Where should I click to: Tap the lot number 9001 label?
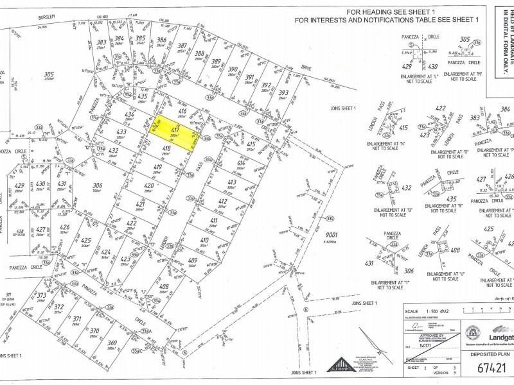(332, 235)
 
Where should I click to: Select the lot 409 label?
(192, 260)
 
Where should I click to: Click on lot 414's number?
(241, 164)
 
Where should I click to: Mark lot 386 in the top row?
(161, 40)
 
